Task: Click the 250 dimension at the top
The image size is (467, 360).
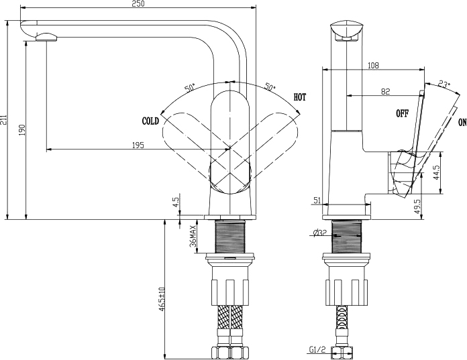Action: click(138, 3)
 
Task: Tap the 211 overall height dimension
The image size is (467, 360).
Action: click(3, 119)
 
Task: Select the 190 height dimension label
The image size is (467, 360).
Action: click(22, 130)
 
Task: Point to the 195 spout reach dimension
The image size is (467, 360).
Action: click(138, 145)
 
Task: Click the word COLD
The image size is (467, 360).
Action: click(151, 121)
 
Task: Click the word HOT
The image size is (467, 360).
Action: click(300, 97)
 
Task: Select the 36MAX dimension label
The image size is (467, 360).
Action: click(193, 236)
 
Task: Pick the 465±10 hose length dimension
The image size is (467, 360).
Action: click(162, 299)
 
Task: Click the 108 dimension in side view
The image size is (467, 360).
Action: click(373, 65)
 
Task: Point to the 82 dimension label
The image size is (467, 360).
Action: click(385, 91)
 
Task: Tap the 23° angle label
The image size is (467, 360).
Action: click(444, 84)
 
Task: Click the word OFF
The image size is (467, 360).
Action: click(402, 113)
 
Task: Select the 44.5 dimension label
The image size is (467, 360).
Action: click(437, 172)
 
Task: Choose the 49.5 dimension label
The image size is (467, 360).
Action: click(417, 206)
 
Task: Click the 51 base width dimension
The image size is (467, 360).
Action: click(317, 200)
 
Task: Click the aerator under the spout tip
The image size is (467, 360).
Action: click(46, 38)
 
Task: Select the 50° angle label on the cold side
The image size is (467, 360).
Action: click(190, 88)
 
